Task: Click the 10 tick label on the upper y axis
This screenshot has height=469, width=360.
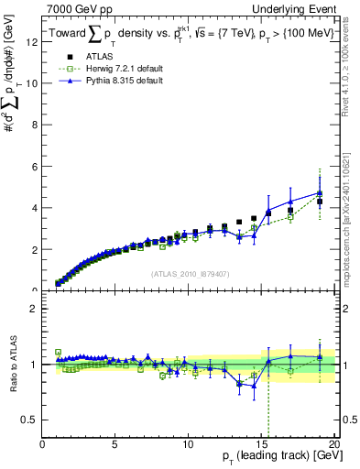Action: click(x=33, y=83)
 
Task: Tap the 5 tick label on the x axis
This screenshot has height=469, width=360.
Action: click(x=115, y=443)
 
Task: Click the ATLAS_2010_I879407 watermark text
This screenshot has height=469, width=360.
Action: click(x=189, y=272)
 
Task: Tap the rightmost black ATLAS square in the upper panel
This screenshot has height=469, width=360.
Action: click(x=320, y=202)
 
